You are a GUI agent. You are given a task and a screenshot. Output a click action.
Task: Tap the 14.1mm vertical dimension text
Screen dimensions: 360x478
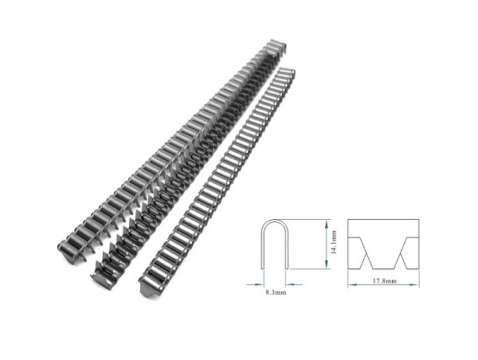click(x=334, y=241)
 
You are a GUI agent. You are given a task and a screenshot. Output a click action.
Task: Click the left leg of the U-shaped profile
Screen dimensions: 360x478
click(x=264, y=247)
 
